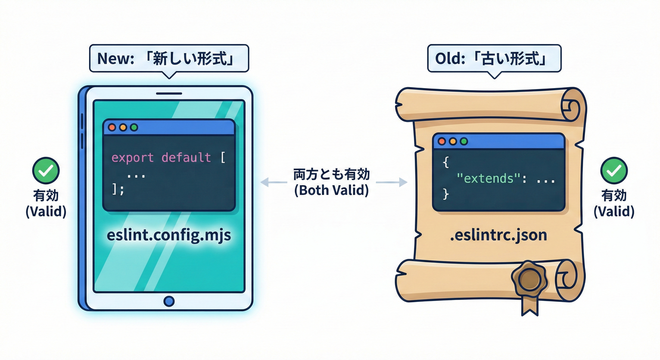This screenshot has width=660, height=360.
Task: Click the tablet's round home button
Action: tap(169, 300)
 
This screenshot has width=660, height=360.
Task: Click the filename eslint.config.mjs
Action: tap(169, 235)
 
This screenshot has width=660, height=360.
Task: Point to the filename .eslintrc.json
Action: tap(499, 234)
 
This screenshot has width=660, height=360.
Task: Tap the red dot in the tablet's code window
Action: tap(112, 127)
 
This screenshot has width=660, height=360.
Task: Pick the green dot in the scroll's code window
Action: tap(464, 141)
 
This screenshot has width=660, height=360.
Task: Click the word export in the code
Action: tap(132, 157)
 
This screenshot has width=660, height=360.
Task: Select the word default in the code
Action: tap(186, 157)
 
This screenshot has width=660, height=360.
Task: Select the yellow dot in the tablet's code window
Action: tap(123, 127)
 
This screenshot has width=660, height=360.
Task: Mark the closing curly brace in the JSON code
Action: tap(446, 194)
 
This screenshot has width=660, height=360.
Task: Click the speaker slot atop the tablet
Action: tap(168, 93)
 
